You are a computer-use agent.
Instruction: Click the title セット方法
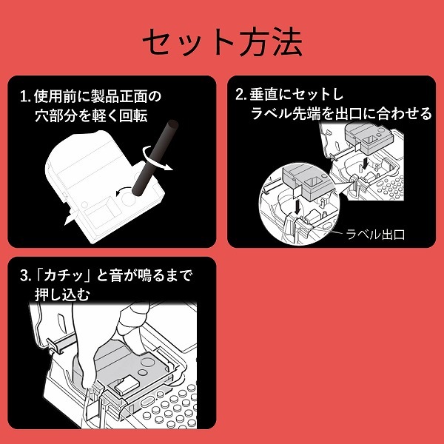pos(223,42)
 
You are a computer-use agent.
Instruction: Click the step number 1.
pos(24,96)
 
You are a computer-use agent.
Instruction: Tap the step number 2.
pos(240,94)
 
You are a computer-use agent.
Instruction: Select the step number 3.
pos(25,275)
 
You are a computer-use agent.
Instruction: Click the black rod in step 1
pos(155,158)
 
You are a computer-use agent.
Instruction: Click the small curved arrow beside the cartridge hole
pos(123,191)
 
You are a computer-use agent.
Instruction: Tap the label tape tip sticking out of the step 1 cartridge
pos(71,216)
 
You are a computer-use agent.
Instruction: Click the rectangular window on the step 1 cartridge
pos(101,211)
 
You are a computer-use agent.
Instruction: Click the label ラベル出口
pos(375,235)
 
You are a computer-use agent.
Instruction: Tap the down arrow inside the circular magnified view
pos(297,206)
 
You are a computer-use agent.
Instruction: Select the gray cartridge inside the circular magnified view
pos(306,184)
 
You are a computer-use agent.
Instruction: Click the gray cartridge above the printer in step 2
pos(369,138)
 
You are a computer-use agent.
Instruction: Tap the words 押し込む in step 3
pos(62,295)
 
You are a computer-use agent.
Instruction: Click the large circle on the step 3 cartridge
pos(147,362)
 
